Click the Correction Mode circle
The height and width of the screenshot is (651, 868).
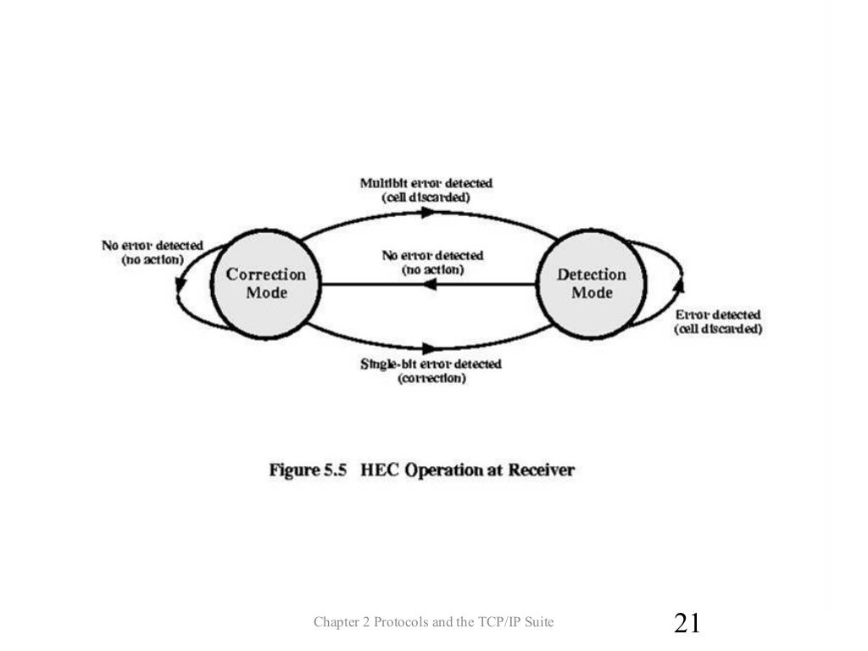click(x=266, y=283)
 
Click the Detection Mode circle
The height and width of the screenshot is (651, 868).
click(x=591, y=283)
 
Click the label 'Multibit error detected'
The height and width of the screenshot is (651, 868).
click(x=426, y=183)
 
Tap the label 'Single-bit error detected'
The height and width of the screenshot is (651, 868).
click(x=431, y=364)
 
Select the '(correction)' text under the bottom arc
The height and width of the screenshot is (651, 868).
click(x=431, y=379)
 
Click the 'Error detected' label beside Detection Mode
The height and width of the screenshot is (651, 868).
click(x=717, y=314)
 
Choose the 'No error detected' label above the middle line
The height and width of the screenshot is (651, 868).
click(x=432, y=255)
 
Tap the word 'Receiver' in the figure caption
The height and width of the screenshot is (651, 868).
click(x=542, y=470)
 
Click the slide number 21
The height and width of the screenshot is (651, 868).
click(x=687, y=624)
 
